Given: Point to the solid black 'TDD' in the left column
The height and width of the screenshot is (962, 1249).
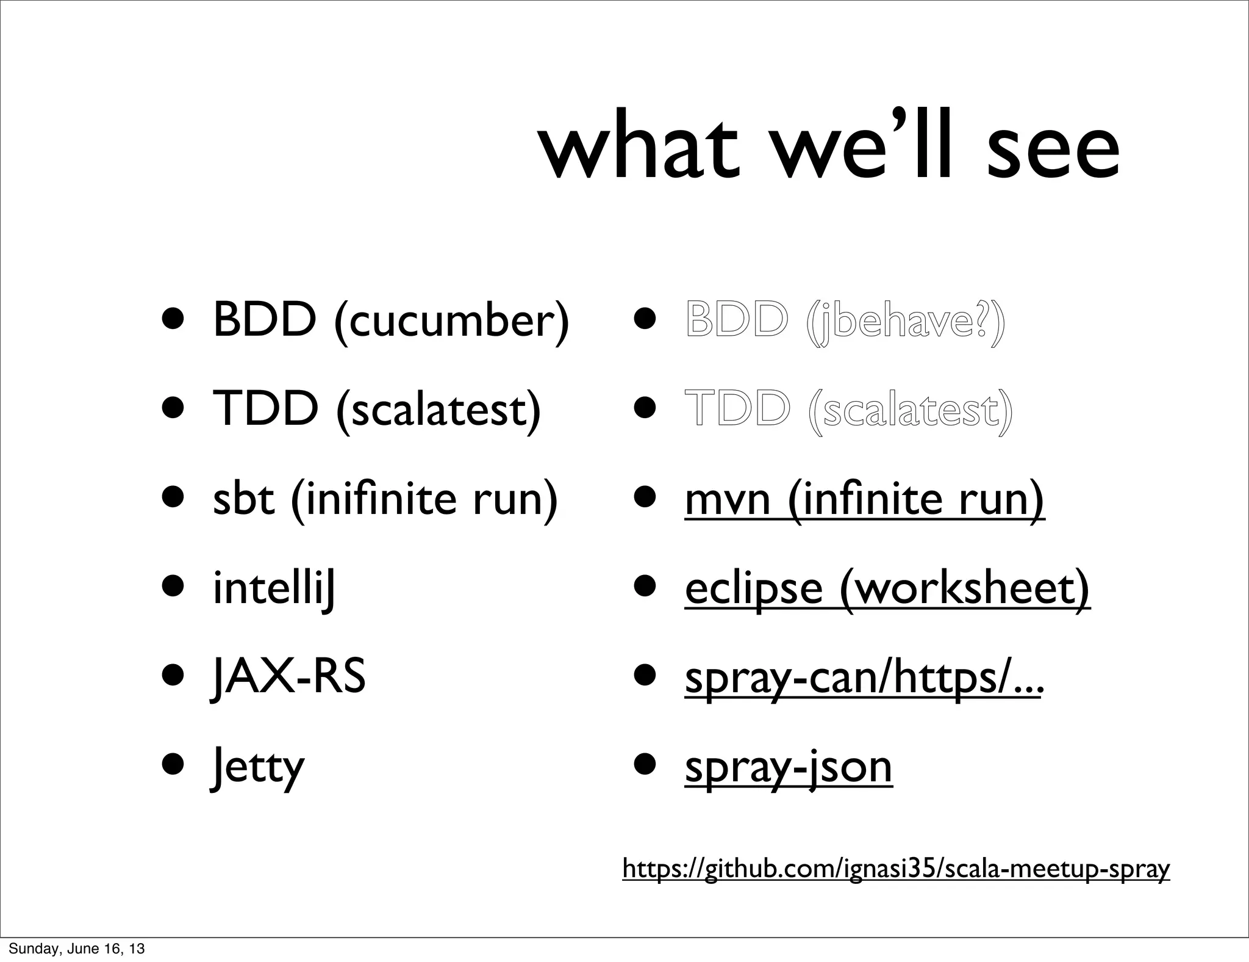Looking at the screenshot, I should [266, 408].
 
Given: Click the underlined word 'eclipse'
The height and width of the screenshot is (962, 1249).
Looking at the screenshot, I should [754, 589].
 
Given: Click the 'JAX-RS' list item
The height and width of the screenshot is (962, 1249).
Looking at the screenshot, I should [288, 677].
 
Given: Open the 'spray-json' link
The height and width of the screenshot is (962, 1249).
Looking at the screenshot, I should [789, 767].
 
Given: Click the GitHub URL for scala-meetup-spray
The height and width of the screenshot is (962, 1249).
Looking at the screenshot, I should [896, 868].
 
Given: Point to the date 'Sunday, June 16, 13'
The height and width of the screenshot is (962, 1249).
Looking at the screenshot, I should [77, 949].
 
